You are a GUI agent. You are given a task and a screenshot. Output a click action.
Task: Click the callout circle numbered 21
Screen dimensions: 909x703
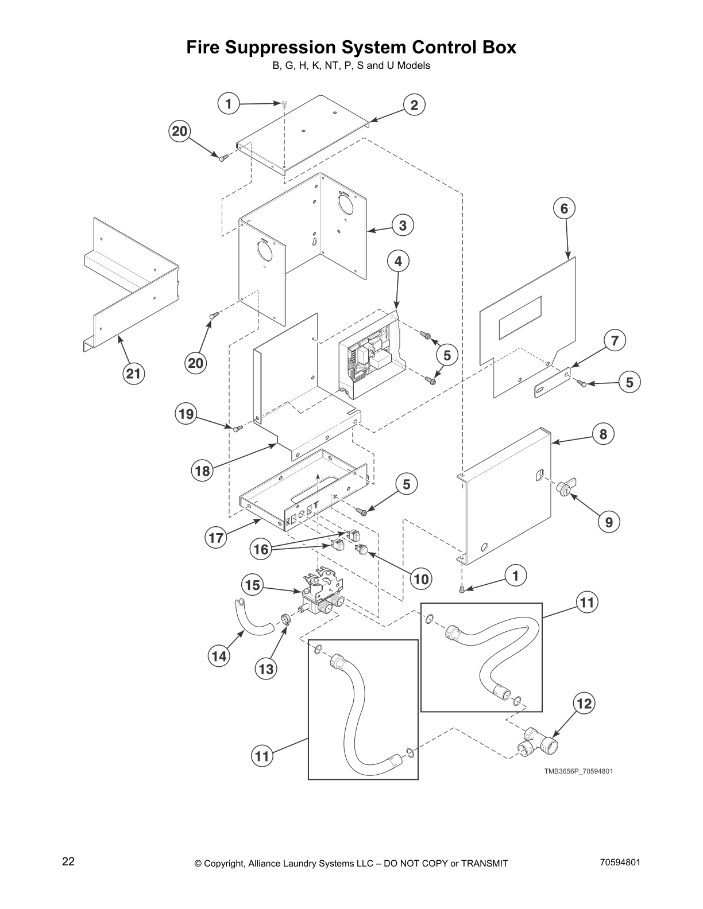[x=133, y=374]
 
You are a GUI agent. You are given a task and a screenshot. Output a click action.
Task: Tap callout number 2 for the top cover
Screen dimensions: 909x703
[x=414, y=104]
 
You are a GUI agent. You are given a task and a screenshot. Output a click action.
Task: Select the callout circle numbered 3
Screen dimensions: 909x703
[x=403, y=226]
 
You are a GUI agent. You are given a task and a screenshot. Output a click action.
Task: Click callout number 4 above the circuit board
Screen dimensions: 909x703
[x=398, y=262]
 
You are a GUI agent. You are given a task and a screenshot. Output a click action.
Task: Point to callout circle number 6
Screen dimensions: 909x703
[x=564, y=208]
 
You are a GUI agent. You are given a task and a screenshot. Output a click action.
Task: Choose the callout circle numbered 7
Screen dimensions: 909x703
[x=615, y=341]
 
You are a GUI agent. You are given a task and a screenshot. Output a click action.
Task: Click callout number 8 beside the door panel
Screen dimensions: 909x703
[x=603, y=434]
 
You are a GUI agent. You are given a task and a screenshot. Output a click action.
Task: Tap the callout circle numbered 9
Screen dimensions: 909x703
[x=609, y=522]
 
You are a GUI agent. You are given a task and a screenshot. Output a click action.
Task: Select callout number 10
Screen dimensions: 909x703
[x=421, y=579]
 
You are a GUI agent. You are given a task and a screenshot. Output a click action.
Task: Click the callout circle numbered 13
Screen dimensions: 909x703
[x=266, y=669]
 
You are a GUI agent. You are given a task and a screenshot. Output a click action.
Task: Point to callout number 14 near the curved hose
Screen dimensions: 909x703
[x=219, y=656]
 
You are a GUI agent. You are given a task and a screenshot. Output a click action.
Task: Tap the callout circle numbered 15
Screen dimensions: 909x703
[x=252, y=585]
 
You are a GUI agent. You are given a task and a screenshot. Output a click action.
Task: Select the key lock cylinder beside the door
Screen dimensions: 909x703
[x=563, y=489]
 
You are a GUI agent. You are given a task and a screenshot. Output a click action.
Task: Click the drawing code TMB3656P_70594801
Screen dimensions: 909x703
[x=578, y=771]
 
